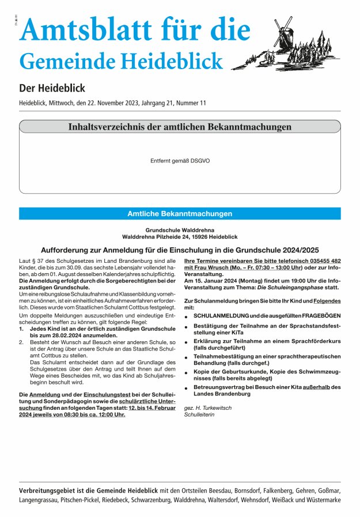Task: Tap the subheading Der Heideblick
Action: click(x=52, y=88)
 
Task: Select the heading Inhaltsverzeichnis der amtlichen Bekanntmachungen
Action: click(x=180, y=127)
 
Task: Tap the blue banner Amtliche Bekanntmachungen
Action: click(x=180, y=214)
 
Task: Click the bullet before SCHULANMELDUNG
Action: click(x=187, y=316)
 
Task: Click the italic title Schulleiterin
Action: click(x=199, y=414)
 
